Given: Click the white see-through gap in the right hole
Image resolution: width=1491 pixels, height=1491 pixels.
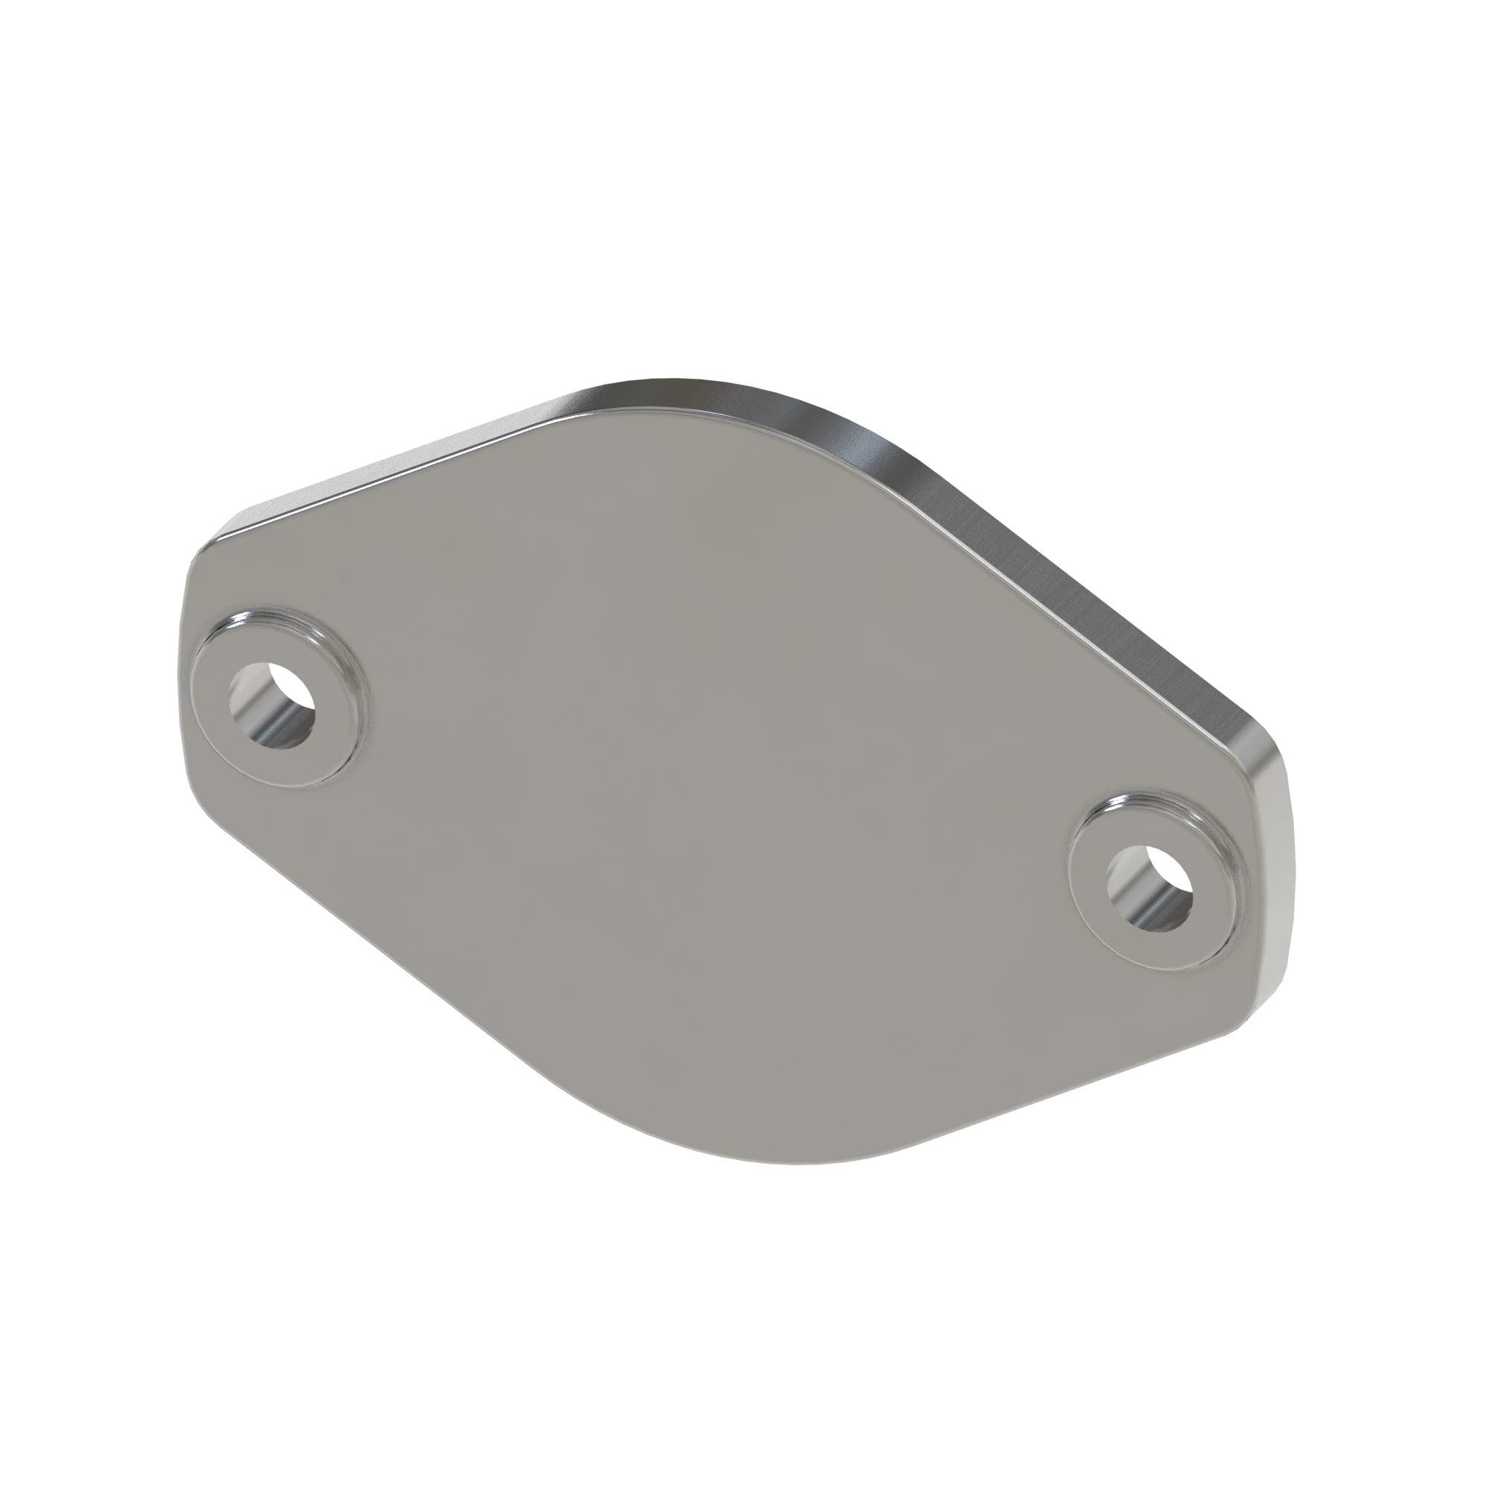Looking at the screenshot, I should pos(1169,872).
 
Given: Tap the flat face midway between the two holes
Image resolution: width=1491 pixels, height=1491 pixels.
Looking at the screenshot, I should pos(718,795).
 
